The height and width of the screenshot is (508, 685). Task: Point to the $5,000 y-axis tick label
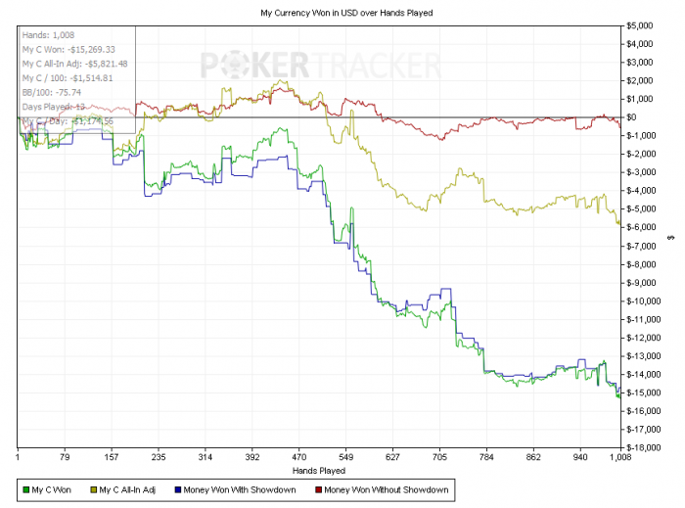tap(642, 24)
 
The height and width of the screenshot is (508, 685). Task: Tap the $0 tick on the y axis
tap(633, 117)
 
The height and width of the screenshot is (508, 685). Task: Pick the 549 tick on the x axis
tap(345, 456)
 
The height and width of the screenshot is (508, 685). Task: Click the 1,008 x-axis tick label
tap(619, 456)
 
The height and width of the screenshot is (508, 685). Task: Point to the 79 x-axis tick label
tap(64, 456)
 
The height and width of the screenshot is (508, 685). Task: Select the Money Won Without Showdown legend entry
tap(386, 489)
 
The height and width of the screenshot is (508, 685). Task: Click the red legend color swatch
tap(317, 489)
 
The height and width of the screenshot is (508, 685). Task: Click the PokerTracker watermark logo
tap(321, 66)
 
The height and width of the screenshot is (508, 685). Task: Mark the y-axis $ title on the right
tap(671, 236)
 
